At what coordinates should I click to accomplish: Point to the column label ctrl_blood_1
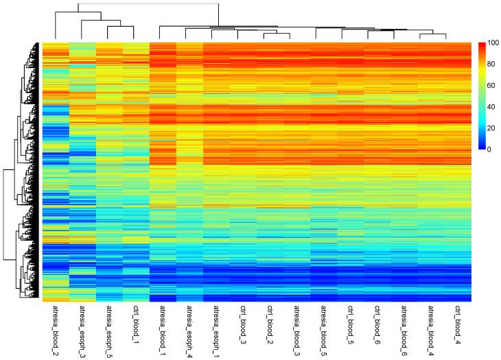pos(136,323)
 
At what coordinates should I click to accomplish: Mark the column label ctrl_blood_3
pos(243,323)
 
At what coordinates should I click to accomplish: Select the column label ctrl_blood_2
pos(270,323)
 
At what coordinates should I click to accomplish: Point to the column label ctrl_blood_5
pos(350,323)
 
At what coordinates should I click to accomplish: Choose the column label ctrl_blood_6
pos(377,323)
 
